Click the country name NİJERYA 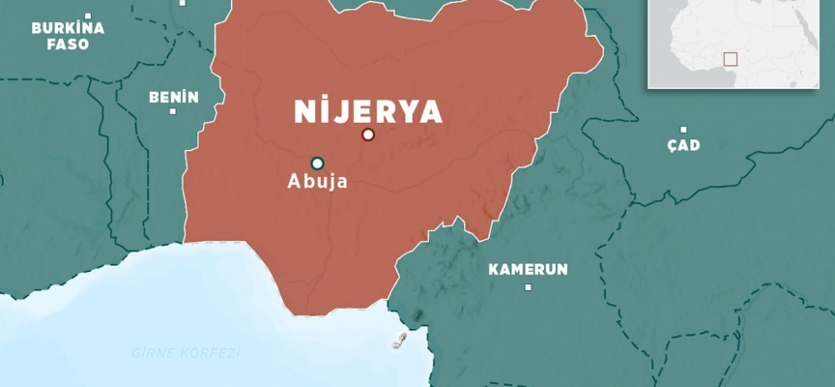click(368, 111)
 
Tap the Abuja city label click(317, 181)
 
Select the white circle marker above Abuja click(317, 163)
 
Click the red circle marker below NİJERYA click(367, 134)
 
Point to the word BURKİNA click(68, 29)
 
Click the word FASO click(68, 45)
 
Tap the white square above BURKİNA click(87, 16)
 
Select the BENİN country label click(174, 97)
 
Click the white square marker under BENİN click(173, 111)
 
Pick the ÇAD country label click(683, 145)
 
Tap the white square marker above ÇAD click(683, 130)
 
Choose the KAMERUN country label click(528, 269)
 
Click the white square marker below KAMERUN click(528, 286)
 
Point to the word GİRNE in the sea click(153, 353)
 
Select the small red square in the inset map click(730, 59)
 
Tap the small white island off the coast click(398, 339)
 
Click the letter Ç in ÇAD click(672, 145)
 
